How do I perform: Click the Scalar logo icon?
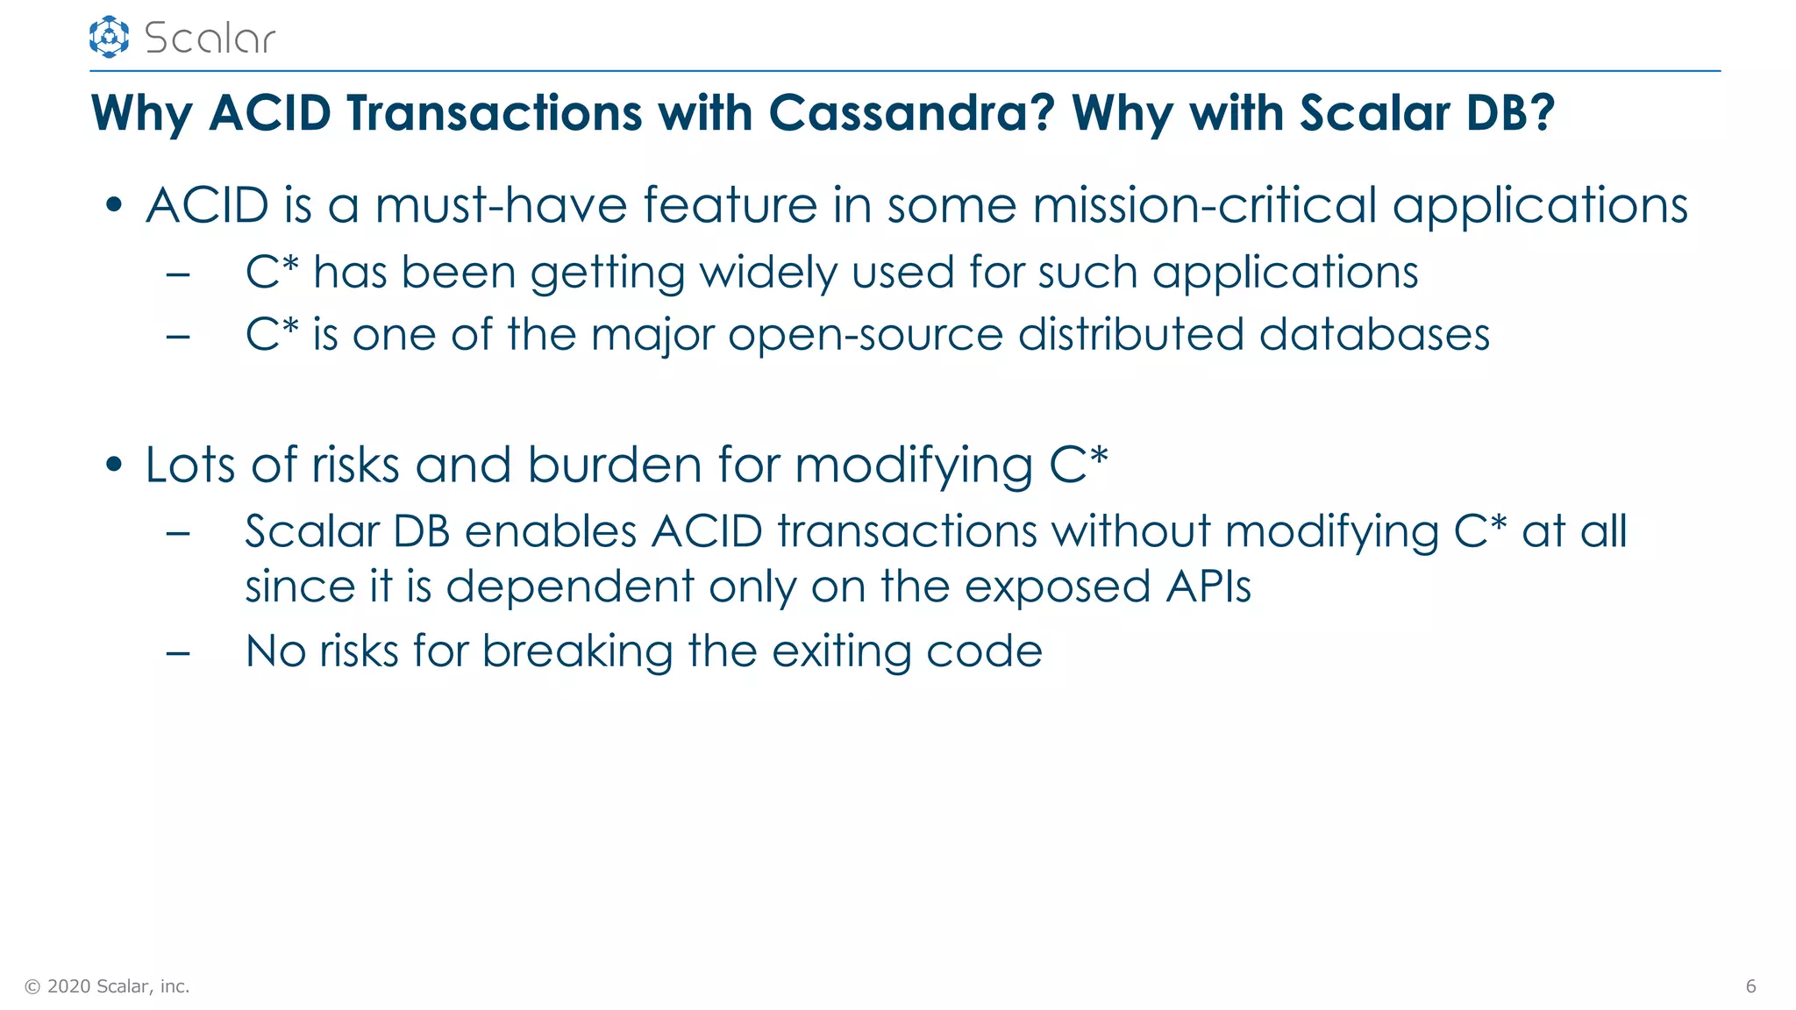pos(109,37)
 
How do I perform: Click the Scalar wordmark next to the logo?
pos(210,39)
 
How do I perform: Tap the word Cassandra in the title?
pos(911,113)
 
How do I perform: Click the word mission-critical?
pos(1204,206)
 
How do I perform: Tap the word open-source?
pos(865,335)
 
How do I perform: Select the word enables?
pos(550,531)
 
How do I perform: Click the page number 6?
pos(1750,986)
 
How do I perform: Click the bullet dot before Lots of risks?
pos(113,466)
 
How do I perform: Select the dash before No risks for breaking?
pos(178,653)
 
